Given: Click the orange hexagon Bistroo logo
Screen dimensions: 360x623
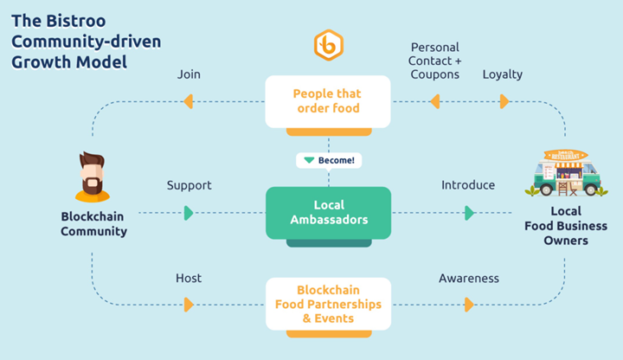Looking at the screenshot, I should pyautogui.click(x=329, y=46).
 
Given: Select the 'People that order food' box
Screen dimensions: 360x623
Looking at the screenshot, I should pyautogui.click(x=328, y=100).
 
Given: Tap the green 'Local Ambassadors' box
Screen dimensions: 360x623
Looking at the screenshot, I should pyautogui.click(x=328, y=212).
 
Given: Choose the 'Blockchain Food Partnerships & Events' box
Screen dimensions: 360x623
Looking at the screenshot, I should pyautogui.click(x=328, y=304).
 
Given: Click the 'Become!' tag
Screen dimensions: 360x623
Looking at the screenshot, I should pyautogui.click(x=329, y=160).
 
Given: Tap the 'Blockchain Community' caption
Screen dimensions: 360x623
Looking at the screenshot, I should pyautogui.click(x=93, y=224).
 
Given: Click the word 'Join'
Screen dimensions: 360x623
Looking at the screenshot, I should pyautogui.click(x=189, y=74).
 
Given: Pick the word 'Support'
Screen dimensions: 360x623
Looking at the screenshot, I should pyautogui.click(x=189, y=185).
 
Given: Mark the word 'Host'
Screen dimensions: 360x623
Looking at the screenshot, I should pyautogui.click(x=189, y=278).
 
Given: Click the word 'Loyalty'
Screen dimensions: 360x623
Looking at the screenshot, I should pyautogui.click(x=502, y=74).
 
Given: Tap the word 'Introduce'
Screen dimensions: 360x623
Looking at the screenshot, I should pyautogui.click(x=468, y=185).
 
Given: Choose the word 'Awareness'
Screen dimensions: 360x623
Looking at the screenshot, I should pyautogui.click(x=469, y=278).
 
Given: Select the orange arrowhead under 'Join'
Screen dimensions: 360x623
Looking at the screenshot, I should pyautogui.click(x=188, y=102).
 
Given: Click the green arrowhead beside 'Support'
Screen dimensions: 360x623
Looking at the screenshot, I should pyautogui.click(x=189, y=213).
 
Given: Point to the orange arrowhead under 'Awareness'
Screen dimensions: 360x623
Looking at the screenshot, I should pyautogui.click(x=469, y=305).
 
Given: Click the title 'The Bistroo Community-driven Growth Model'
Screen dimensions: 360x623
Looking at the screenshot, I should pyautogui.click(x=86, y=42).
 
